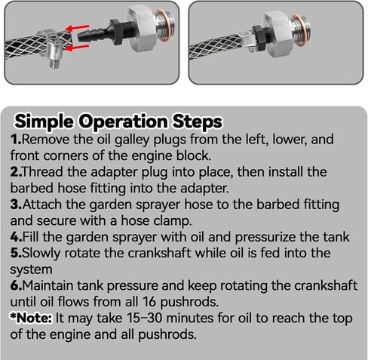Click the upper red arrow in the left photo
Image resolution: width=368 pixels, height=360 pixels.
[77, 28]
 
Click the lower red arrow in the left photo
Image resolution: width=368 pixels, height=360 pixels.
[77, 48]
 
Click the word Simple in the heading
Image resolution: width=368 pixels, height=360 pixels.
[44, 122]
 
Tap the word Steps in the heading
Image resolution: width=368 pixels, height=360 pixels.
[197, 122]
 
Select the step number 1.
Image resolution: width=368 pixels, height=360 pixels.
[16, 140]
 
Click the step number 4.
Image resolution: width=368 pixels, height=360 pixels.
[17, 237]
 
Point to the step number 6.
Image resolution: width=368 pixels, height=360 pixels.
[17, 286]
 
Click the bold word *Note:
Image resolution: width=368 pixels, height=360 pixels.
[31, 318]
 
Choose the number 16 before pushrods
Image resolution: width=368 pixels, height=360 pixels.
[149, 301]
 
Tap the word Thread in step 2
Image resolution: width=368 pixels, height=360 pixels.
[43, 172]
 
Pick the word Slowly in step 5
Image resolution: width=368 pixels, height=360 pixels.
[41, 254]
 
